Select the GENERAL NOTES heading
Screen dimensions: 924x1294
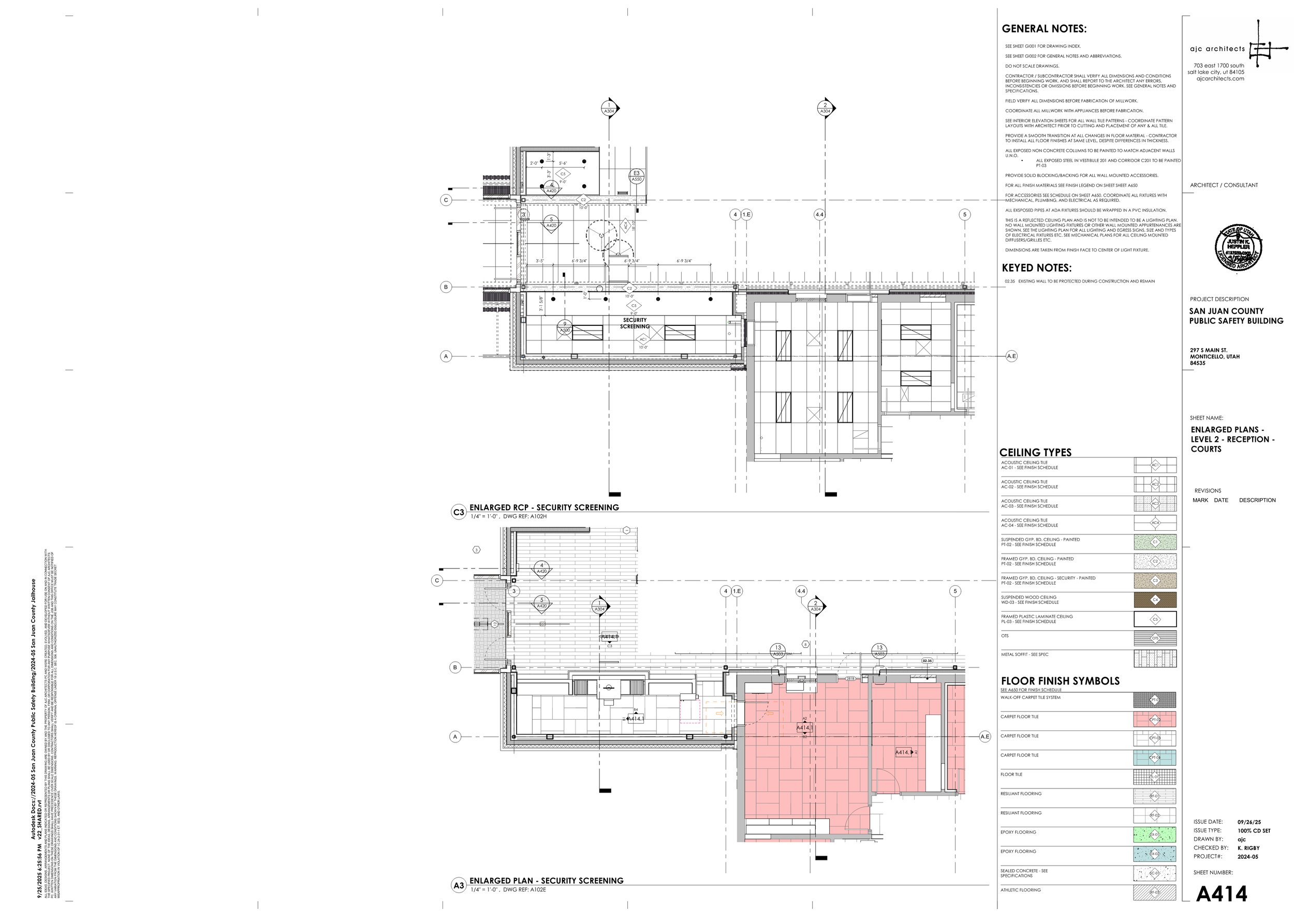coord(1043,29)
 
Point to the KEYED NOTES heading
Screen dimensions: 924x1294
coord(1036,268)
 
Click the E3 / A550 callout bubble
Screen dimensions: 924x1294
coord(636,176)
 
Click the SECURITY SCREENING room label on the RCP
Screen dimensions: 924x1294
coord(635,323)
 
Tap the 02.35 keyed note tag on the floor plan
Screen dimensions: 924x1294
coord(927,661)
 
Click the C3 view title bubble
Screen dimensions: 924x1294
coord(458,512)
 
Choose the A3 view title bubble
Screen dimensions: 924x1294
coord(458,885)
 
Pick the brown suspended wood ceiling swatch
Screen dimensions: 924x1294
coord(1155,600)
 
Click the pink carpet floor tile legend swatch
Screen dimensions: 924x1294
coord(1155,719)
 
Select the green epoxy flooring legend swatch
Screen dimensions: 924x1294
coord(1155,834)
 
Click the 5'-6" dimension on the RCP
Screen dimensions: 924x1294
coord(563,163)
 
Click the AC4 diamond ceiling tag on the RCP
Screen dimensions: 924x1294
coord(626,226)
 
